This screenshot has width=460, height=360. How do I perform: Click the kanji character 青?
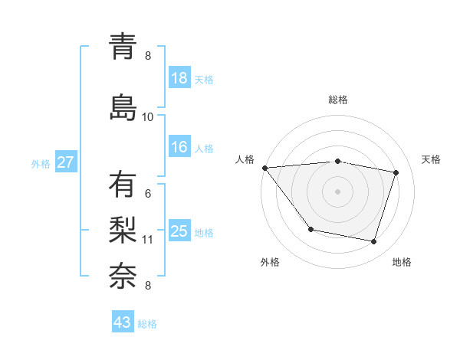pyautogui.click(x=123, y=47)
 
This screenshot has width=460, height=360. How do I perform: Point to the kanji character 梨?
pyautogui.click(x=123, y=229)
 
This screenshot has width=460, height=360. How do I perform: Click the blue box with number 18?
pyautogui.click(x=179, y=78)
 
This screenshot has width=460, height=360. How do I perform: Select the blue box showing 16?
pyautogui.click(x=179, y=147)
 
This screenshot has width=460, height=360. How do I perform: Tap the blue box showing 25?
pyautogui.click(x=179, y=231)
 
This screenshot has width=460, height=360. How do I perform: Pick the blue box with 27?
pyautogui.click(x=66, y=162)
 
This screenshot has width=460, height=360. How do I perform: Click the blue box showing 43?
pyautogui.click(x=123, y=322)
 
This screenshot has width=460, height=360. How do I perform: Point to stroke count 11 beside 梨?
pyautogui.click(x=148, y=240)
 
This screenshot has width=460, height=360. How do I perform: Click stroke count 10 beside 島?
pyautogui.click(x=148, y=116)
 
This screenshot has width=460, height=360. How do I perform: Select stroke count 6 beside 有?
pyautogui.click(x=148, y=194)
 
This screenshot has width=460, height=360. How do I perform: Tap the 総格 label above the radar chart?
pyautogui.click(x=338, y=100)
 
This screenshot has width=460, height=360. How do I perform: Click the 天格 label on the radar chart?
pyautogui.click(x=432, y=159)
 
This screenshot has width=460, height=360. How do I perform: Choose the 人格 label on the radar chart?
pyautogui.click(x=245, y=159)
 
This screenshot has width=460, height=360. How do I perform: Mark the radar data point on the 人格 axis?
pyautogui.click(x=264, y=168)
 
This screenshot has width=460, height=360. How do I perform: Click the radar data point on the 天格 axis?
pyautogui.click(x=396, y=172)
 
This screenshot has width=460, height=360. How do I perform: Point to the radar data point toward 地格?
pyautogui.click(x=374, y=241)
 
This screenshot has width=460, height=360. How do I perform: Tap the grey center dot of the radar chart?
pyautogui.click(x=338, y=191)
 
